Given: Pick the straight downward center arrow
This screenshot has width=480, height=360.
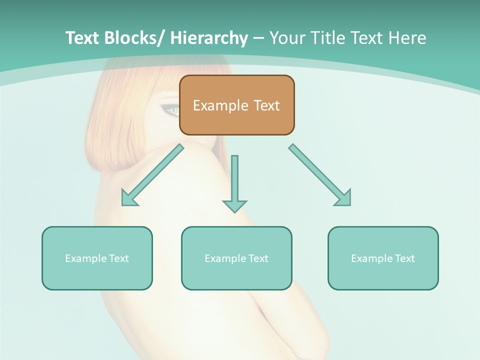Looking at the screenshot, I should pyautogui.click(x=234, y=183).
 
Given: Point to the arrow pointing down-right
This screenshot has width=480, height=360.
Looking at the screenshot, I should pyautogui.click(x=320, y=175).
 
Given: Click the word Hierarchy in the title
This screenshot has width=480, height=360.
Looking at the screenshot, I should pyautogui.click(x=209, y=38).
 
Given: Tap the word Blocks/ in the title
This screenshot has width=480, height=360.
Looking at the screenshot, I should pyautogui.click(x=134, y=38).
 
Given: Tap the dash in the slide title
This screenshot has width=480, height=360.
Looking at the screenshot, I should pyautogui.click(x=258, y=38).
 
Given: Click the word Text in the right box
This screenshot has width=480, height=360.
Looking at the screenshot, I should pyautogui.click(x=405, y=258).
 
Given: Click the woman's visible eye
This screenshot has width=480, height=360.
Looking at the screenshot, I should pyautogui.click(x=172, y=109).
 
